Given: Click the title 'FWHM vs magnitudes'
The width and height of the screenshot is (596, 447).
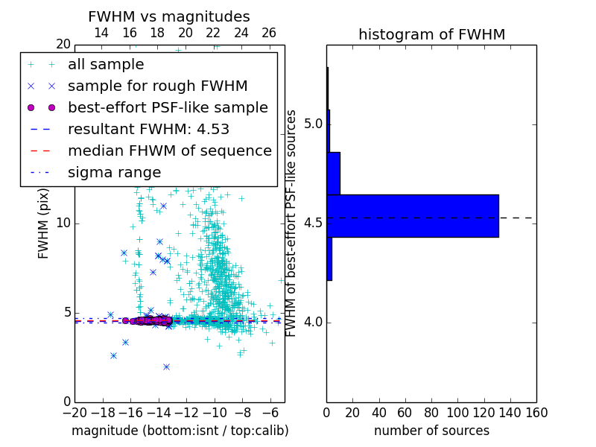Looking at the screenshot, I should [x=169, y=16].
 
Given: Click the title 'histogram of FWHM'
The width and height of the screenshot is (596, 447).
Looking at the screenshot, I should [x=431, y=34].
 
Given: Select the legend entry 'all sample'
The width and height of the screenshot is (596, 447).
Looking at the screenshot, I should [x=106, y=65].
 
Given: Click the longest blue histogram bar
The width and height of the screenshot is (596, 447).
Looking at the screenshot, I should [x=412, y=215].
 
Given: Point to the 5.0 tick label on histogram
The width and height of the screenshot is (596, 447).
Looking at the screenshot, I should [x=313, y=124].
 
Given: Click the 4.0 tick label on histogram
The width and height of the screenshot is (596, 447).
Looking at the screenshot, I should [x=313, y=322].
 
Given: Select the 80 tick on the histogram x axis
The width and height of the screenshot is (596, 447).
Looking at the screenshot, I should [x=431, y=413].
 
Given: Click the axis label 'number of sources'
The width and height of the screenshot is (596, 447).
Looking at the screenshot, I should [x=431, y=431].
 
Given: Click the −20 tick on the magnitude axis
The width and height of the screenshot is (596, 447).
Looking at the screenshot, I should [x=74, y=413].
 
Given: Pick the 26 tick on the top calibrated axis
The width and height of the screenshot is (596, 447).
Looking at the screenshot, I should [x=269, y=33].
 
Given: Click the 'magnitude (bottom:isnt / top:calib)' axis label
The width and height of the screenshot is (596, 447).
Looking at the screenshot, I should [x=180, y=431].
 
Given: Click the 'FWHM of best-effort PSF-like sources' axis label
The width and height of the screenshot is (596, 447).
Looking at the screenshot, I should [x=292, y=223].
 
